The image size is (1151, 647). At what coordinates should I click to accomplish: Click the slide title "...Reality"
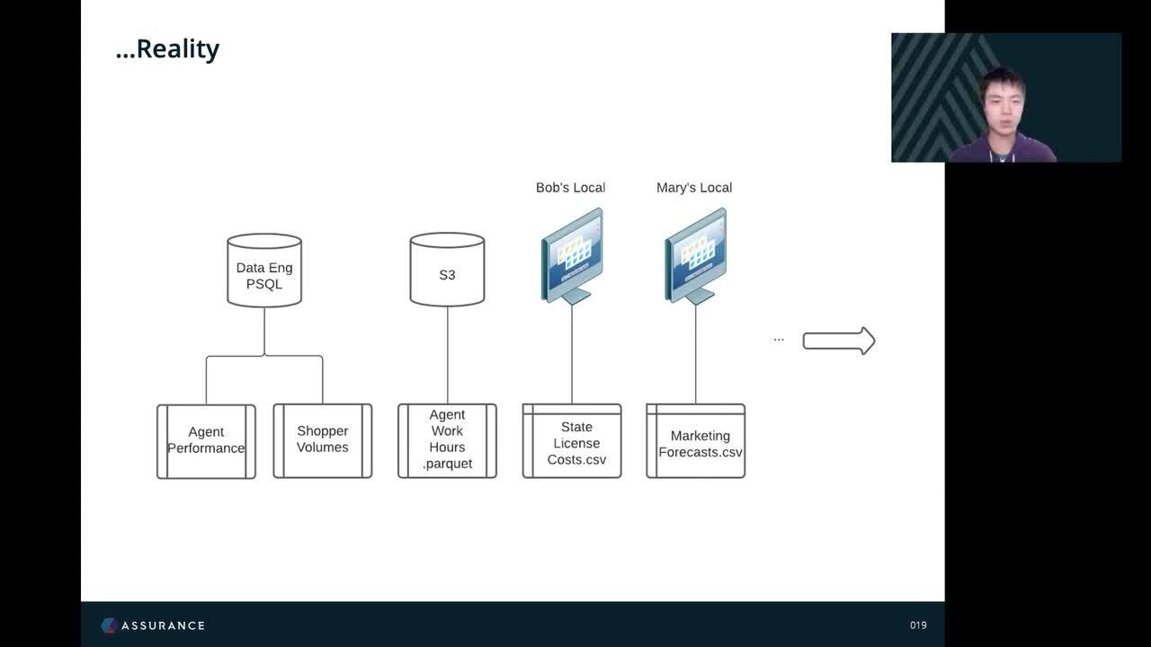[x=167, y=49]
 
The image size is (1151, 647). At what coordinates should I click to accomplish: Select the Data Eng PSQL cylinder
[x=264, y=270]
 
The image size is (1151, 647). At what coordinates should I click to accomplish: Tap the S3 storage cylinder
[x=447, y=270]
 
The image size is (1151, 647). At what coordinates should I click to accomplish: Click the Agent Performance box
[x=206, y=441]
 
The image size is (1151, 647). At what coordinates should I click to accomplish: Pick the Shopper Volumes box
[x=323, y=441]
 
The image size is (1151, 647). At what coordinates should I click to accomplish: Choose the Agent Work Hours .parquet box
[x=447, y=441]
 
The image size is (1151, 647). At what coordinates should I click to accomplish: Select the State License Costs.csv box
[x=572, y=441]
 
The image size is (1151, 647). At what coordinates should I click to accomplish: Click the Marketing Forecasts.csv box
[x=696, y=441]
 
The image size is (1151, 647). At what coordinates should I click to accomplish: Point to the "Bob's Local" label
[x=570, y=188]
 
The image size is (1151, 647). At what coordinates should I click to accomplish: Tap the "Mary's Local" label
[x=694, y=188]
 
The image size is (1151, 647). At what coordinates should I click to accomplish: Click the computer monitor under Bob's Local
[x=572, y=256]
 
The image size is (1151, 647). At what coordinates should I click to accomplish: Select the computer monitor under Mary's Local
[x=696, y=256]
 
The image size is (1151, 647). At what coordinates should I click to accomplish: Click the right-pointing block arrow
[x=839, y=341]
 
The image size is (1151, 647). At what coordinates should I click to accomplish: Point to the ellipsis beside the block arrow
[x=779, y=340]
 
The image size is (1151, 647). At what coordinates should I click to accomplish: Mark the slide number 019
[x=918, y=625]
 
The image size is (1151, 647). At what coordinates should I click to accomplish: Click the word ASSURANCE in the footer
[x=164, y=625]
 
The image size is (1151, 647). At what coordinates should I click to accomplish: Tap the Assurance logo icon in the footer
[x=109, y=625]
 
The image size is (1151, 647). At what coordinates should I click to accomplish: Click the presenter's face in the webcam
[x=1003, y=108]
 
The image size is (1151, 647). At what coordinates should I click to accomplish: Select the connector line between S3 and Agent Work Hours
[x=447, y=355]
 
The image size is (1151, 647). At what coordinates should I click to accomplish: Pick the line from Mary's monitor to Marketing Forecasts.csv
[x=696, y=354]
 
